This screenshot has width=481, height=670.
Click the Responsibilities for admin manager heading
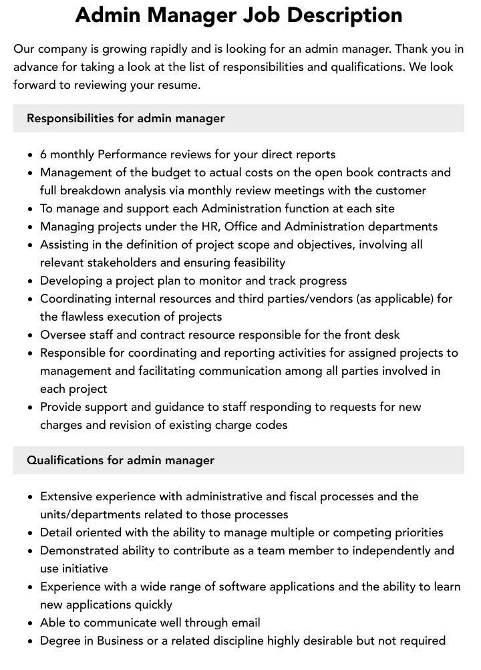click(126, 118)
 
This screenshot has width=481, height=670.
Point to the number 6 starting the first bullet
click(43, 154)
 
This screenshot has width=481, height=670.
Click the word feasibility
click(251, 263)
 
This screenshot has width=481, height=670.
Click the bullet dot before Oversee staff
click(31, 335)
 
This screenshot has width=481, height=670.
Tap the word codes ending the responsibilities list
click(271, 425)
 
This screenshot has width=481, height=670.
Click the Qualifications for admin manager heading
click(120, 460)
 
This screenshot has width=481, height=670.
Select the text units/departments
click(99, 514)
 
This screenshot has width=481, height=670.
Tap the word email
click(245, 623)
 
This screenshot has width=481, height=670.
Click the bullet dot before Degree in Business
click(31, 641)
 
